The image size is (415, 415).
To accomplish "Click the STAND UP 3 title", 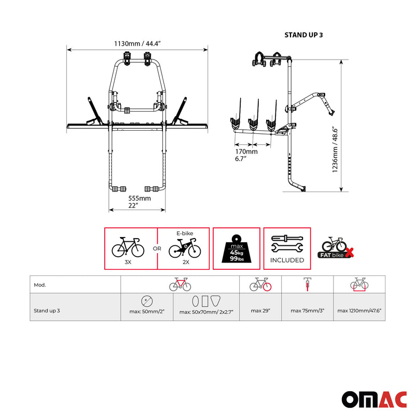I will click(303, 35).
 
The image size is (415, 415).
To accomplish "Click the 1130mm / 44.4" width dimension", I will click(137, 44).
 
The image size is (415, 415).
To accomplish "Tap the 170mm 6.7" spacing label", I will click(245, 155).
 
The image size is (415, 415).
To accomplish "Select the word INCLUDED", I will click(287, 260).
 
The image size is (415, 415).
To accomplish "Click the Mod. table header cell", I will click(40, 285).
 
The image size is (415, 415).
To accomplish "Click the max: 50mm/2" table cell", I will click(146, 312).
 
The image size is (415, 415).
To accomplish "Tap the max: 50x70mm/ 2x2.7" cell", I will click(206, 312).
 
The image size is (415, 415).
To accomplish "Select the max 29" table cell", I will click(260, 311).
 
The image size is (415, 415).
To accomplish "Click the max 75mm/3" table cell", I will click(308, 311).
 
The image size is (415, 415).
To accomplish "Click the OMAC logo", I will click(371, 398).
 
